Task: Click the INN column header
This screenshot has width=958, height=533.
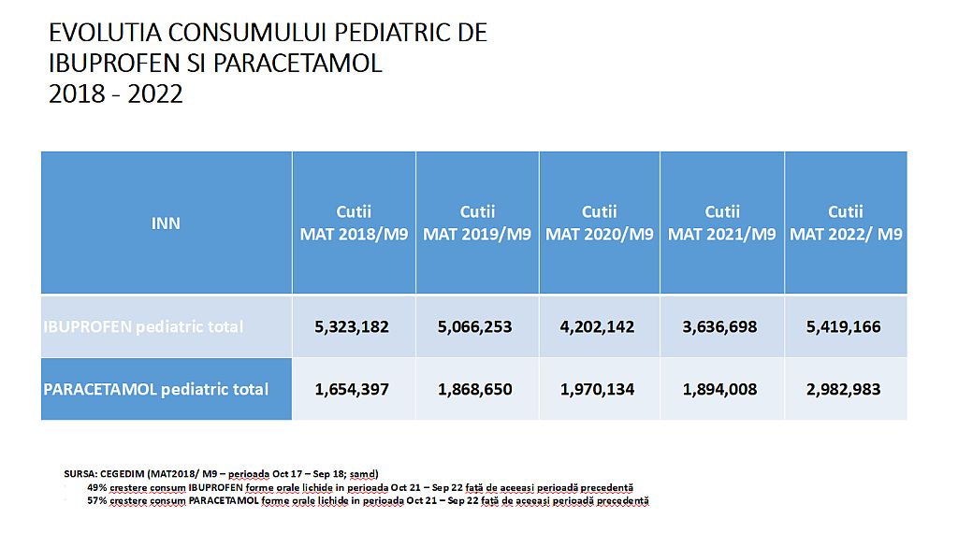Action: [x=166, y=223]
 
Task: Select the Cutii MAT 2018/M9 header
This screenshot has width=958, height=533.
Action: [x=354, y=223]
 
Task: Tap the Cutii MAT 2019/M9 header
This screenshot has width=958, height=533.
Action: [x=477, y=223]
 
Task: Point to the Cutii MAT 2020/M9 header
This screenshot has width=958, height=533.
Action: [x=600, y=223]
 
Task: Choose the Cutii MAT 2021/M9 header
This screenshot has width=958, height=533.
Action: [x=722, y=223]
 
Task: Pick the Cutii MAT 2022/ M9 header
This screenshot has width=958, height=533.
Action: [x=846, y=223]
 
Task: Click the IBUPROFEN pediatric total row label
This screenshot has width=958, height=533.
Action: [x=143, y=326]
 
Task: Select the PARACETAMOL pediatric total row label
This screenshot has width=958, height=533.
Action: [x=156, y=389]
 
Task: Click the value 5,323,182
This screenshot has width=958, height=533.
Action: [x=352, y=326]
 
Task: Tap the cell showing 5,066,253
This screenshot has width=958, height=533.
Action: [x=475, y=326]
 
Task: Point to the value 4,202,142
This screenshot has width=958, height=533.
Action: [x=598, y=326]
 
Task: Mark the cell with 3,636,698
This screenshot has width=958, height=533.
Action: [x=720, y=326]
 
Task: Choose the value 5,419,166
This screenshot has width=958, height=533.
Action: [x=843, y=326]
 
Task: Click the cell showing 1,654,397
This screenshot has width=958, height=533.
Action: [x=352, y=389]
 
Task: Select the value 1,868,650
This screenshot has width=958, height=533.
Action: [x=475, y=389]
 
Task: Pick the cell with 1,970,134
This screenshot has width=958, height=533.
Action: [x=598, y=389]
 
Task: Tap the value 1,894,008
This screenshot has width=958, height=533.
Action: [x=720, y=389]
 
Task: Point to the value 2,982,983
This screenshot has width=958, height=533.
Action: [x=843, y=389]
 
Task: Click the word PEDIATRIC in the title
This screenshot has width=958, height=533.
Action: [x=370, y=33]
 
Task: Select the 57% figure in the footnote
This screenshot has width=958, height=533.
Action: [x=97, y=501]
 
